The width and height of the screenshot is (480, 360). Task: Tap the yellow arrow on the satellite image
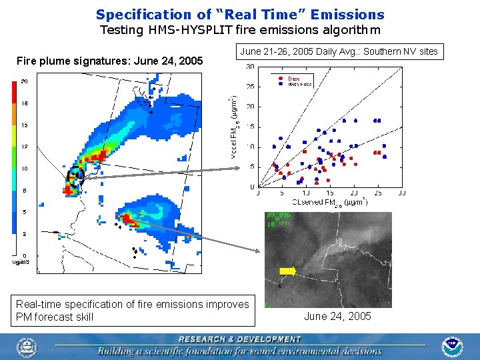coord(287,270)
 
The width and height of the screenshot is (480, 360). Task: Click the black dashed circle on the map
coord(75,176)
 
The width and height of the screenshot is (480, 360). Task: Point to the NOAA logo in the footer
coord(452,346)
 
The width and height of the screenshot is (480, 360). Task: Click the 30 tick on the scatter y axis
coord(249,67)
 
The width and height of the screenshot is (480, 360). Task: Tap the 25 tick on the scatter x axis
coord(377,193)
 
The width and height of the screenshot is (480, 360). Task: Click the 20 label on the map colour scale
coord(24,81)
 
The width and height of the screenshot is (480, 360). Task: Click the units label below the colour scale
coord(21,262)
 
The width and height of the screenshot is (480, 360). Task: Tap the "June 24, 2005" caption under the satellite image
coord(337,316)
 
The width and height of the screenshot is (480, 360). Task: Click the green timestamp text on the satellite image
coord(279,219)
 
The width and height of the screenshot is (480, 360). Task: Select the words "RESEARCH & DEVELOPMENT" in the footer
coord(239,339)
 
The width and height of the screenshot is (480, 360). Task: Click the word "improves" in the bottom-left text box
coord(227,304)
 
